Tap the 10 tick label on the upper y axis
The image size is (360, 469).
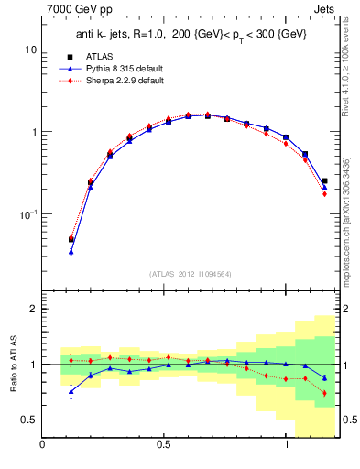(x=31, y=49)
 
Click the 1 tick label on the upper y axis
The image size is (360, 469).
(x=34, y=132)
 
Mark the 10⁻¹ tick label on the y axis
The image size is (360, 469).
(x=28, y=214)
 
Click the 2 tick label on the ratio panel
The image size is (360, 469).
(x=34, y=310)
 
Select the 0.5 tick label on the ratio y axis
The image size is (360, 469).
(x=29, y=420)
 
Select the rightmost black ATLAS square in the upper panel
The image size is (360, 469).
(x=324, y=181)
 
